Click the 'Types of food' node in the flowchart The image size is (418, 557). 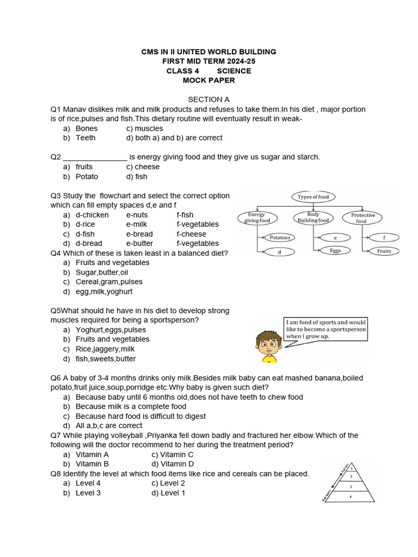pyautogui.click(x=313, y=197)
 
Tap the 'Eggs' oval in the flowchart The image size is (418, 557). pyautogui.click(x=336, y=251)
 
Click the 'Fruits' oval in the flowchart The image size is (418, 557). pyautogui.click(x=384, y=251)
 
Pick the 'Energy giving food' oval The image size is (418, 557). pyautogui.click(x=257, y=218)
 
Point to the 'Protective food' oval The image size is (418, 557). pyautogui.click(x=362, y=218)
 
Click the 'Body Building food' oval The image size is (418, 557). pyautogui.click(x=313, y=218)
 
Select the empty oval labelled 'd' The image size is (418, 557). pyautogui.click(x=279, y=251)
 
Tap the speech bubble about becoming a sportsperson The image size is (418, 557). pyautogui.click(x=326, y=329)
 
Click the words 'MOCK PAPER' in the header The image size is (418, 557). pyautogui.click(x=209, y=81)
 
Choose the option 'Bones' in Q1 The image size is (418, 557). pyautogui.click(x=87, y=128)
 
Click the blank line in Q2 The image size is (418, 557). pyautogui.click(x=95, y=158)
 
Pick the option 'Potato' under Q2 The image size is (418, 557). pyautogui.click(x=87, y=177)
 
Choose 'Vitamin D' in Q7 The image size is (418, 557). pyautogui.click(x=173, y=464)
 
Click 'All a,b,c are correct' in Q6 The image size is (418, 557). pyautogui.click(x=109, y=425)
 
